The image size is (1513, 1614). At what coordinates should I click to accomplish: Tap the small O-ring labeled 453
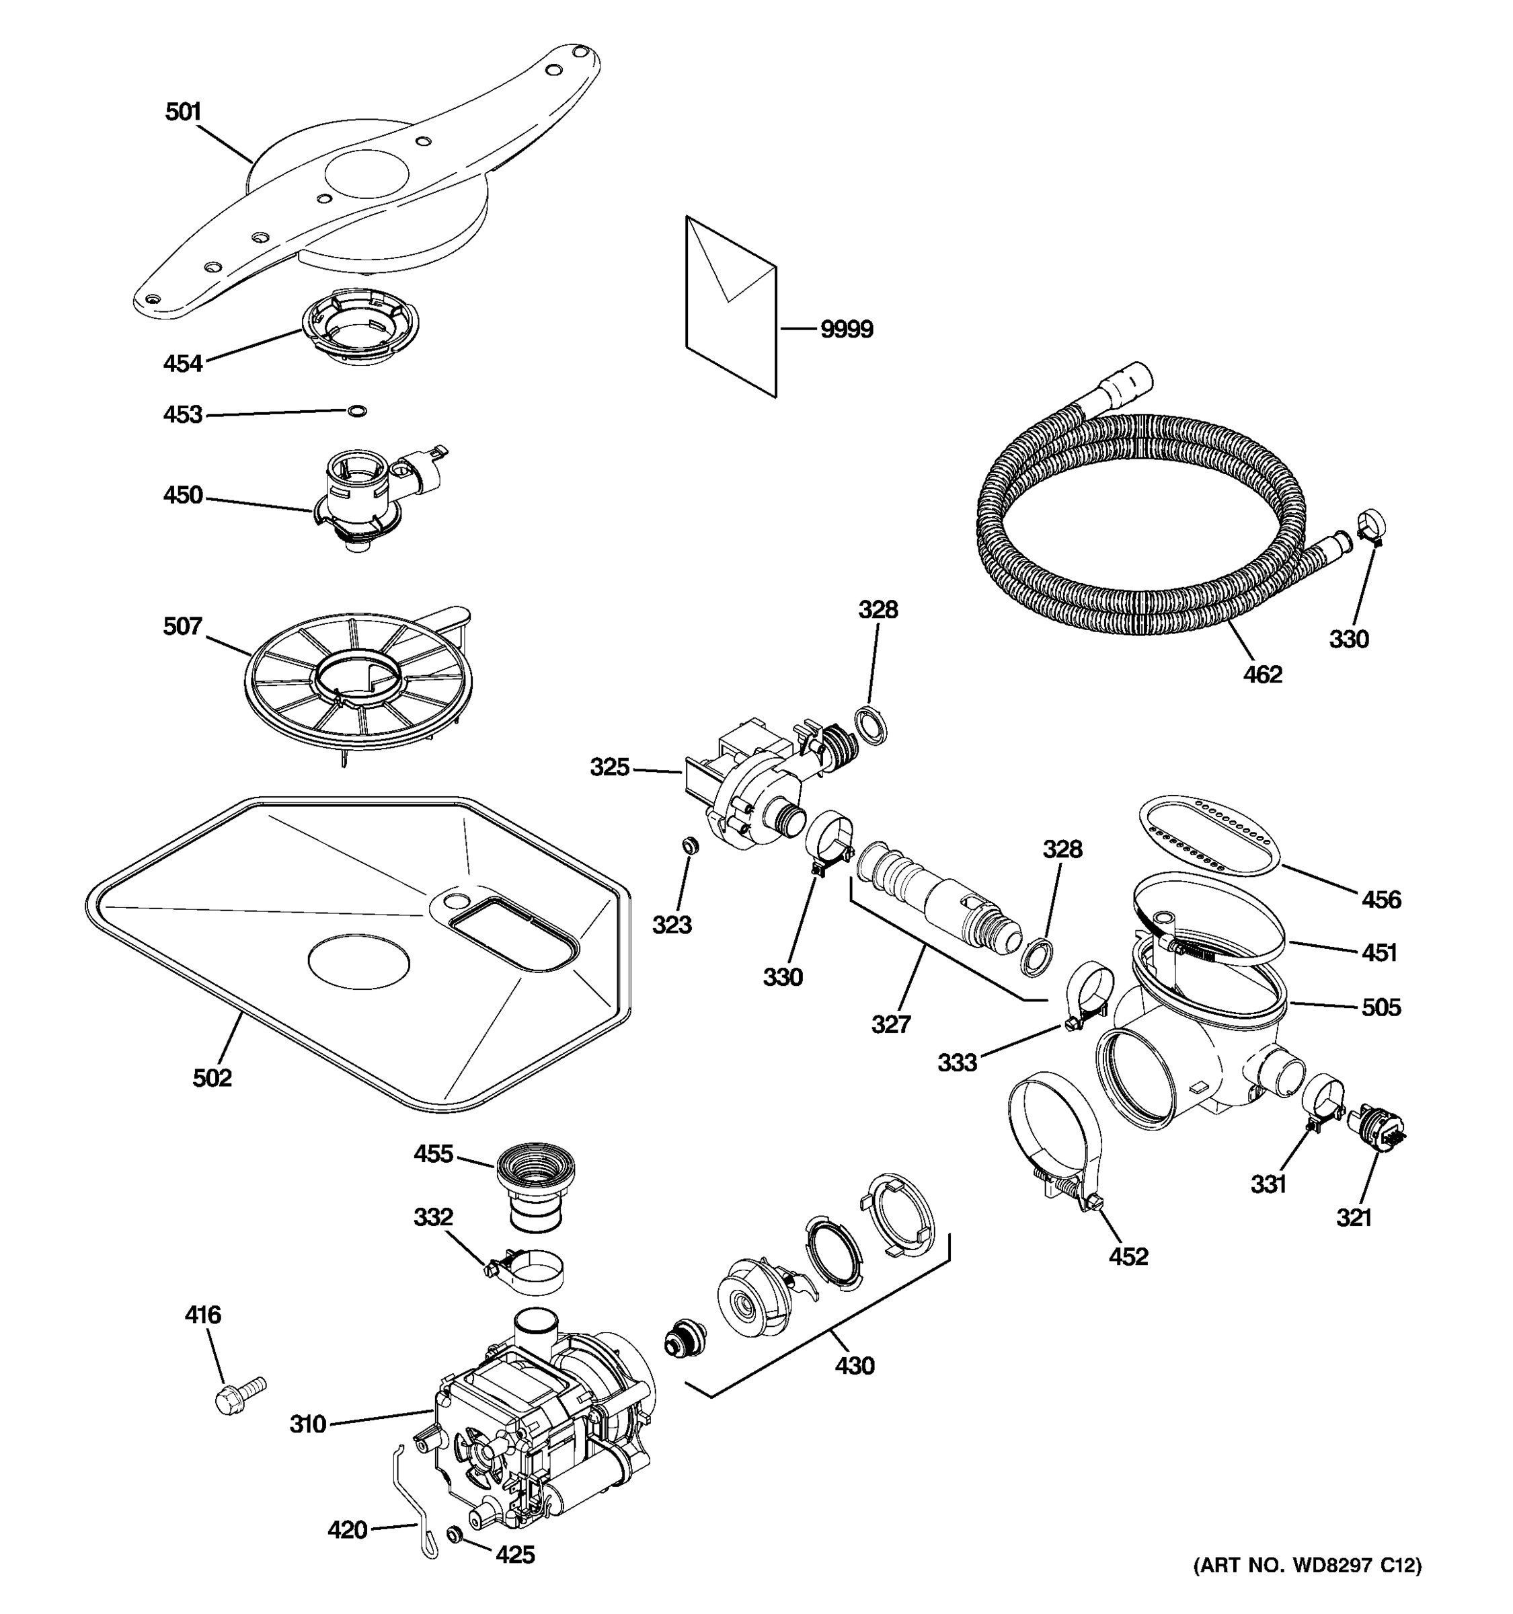point(356,411)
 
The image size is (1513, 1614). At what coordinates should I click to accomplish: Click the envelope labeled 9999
point(730,309)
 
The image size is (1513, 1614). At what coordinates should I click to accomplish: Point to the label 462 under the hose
point(1262,674)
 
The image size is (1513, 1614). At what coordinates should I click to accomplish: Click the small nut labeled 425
point(455,1533)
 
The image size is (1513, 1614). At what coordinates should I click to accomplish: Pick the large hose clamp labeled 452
point(1055,1137)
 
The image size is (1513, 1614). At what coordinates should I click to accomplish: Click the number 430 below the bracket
point(855,1366)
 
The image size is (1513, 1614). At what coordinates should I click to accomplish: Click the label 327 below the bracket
point(890,1025)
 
